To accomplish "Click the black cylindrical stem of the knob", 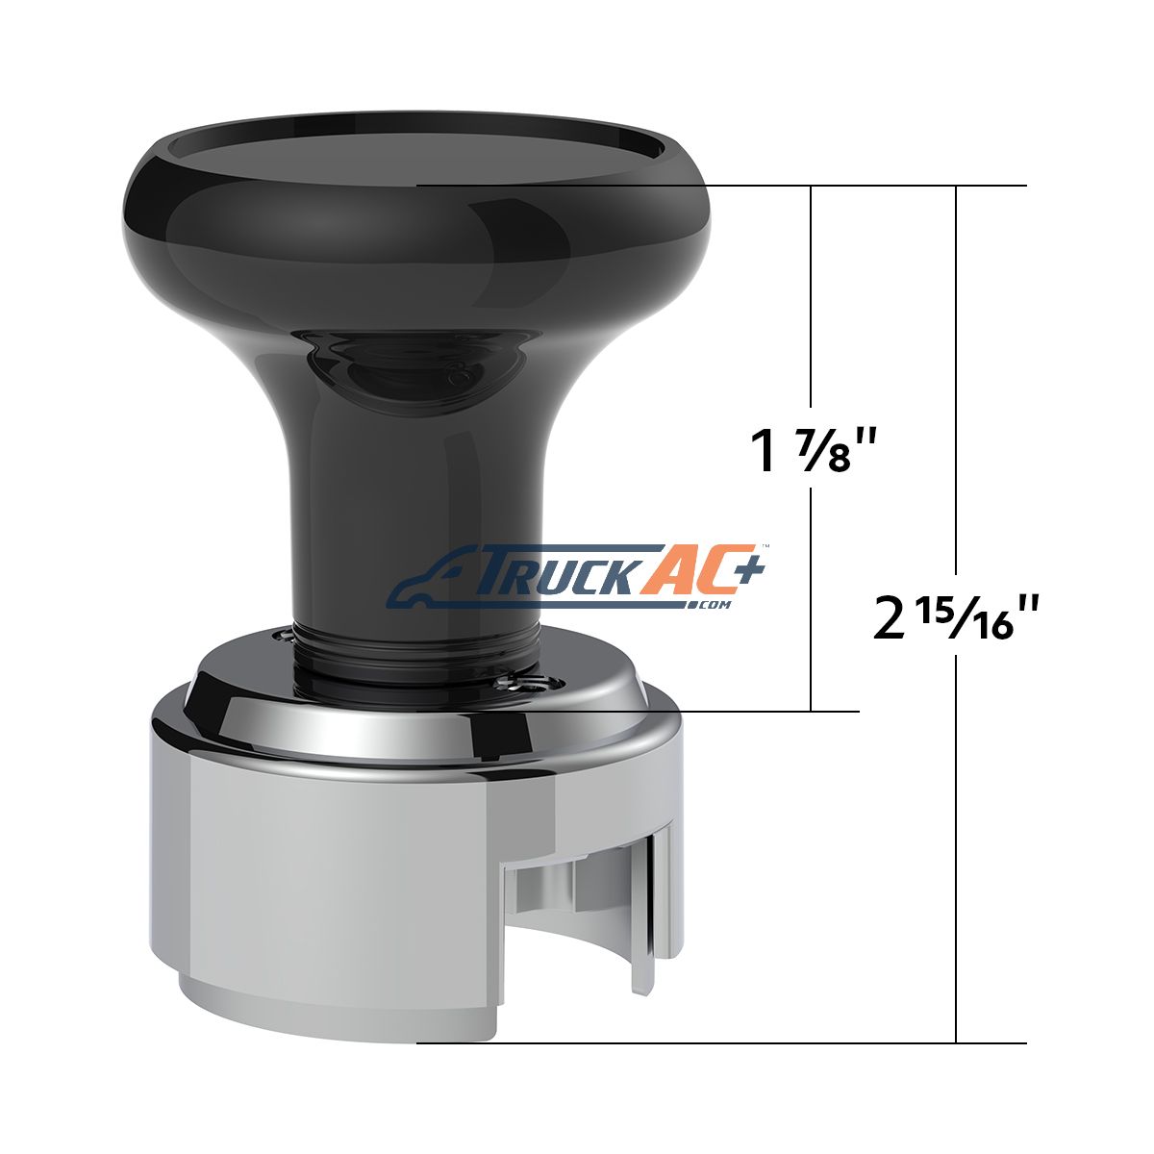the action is pos(417,509).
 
